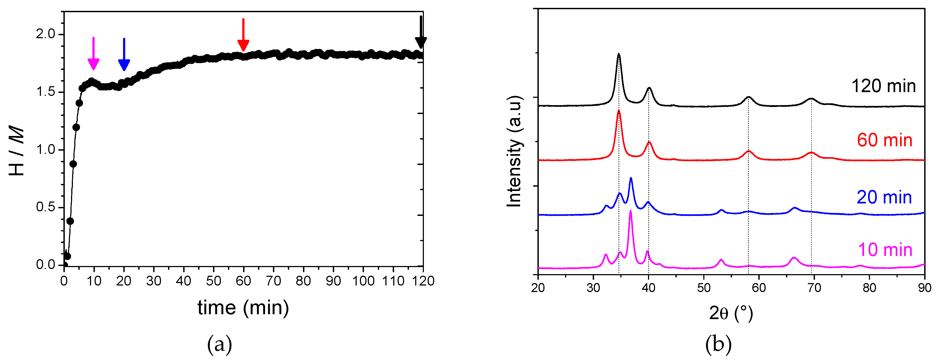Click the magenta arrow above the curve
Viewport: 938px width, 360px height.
click(94, 54)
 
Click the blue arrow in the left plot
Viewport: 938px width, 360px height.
click(124, 55)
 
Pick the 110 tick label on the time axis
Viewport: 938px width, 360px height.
click(393, 281)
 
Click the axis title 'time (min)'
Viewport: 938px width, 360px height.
click(243, 308)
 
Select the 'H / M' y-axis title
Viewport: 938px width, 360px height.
click(16, 150)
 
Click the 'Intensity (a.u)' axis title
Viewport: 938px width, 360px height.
click(514, 151)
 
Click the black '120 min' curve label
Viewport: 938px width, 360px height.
click(883, 86)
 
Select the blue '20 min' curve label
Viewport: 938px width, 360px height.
click(884, 197)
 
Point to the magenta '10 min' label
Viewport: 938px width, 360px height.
click(885, 250)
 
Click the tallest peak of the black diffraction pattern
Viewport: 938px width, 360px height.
click(619, 55)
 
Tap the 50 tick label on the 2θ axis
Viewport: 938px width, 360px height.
click(704, 288)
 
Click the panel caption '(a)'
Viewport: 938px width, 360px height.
click(219, 344)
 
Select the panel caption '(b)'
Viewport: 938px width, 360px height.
click(718, 344)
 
